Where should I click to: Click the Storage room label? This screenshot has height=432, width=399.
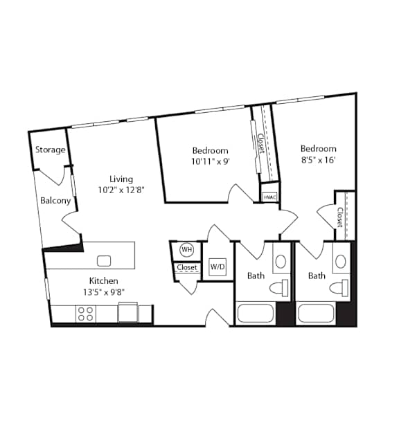(51, 150)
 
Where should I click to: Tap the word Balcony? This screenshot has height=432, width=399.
(55, 201)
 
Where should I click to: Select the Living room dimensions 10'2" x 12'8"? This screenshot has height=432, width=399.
(121, 190)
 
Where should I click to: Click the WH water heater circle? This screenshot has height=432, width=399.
(186, 250)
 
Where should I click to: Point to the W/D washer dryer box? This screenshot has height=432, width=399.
(218, 267)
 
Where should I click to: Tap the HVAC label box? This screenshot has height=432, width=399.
(269, 197)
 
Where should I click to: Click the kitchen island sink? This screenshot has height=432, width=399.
(104, 261)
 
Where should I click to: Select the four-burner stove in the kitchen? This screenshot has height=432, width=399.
(85, 314)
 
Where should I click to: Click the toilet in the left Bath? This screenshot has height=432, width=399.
(278, 288)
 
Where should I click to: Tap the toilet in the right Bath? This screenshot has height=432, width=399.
(339, 288)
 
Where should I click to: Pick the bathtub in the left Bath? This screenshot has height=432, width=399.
(256, 313)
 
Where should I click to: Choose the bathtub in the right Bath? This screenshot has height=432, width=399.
(317, 313)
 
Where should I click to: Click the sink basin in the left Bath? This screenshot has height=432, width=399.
(281, 261)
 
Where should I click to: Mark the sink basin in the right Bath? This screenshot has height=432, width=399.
(341, 261)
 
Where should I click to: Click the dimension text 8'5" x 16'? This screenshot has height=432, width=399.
(318, 160)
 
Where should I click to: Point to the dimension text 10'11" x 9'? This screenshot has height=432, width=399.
(211, 161)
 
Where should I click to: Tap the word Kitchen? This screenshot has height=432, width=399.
(104, 281)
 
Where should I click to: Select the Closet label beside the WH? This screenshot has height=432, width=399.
(187, 267)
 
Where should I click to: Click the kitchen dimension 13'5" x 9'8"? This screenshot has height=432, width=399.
(104, 291)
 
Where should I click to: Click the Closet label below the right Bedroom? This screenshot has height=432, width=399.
(339, 217)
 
